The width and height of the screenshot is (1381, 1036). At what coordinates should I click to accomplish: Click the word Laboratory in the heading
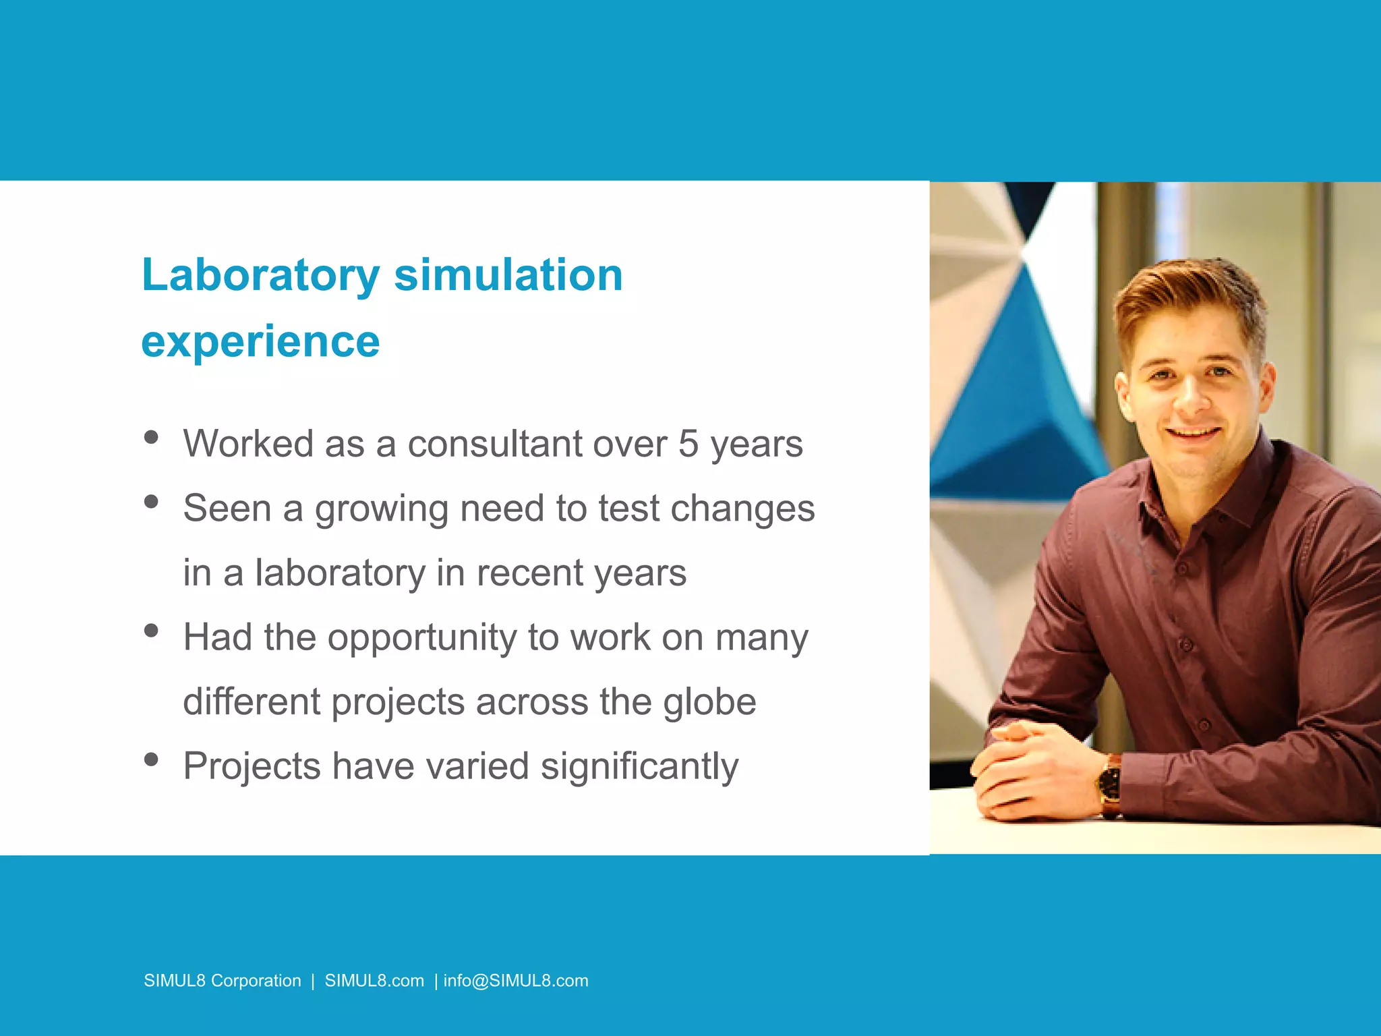[x=261, y=276]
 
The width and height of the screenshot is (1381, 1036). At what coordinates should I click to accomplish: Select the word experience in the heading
[x=261, y=341]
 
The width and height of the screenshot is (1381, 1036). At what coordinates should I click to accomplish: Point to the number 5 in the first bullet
[x=688, y=444]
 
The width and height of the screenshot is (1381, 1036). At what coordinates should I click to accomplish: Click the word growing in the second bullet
[x=382, y=509]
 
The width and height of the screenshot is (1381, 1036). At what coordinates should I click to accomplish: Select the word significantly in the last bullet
[x=639, y=766]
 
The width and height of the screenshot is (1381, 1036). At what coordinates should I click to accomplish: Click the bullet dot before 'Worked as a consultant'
[x=151, y=437]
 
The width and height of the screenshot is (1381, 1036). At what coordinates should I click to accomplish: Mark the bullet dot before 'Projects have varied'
[x=151, y=759]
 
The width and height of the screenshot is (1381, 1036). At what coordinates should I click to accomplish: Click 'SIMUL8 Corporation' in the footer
[x=223, y=981]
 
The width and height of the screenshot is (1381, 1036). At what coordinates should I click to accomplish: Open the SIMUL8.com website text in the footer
[x=374, y=981]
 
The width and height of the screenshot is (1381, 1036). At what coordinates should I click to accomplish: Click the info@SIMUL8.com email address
[x=516, y=981]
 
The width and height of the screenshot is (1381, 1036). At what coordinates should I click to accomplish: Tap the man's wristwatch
[x=1109, y=784]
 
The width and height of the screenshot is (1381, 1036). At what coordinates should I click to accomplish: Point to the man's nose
[x=1192, y=398]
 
